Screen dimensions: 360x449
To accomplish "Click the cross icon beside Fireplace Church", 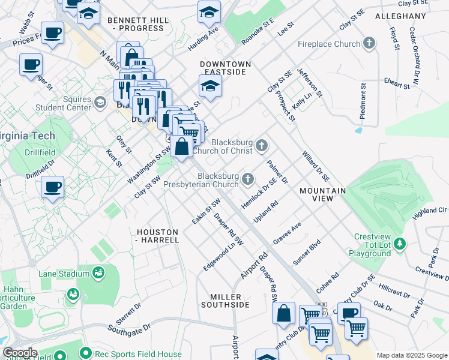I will coord(369,43).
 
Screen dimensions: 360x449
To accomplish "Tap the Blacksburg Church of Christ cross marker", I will coord(261,145).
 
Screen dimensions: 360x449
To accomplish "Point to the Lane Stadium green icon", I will coord(97,274).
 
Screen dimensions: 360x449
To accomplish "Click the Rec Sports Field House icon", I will coord(86,353).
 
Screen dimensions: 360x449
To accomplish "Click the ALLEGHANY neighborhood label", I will coord(400,16).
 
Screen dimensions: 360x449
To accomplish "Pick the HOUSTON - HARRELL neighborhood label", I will coord(158,235).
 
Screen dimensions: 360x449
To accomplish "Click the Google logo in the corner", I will coord(20,353).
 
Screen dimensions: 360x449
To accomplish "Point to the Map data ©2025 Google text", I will coord(411,355).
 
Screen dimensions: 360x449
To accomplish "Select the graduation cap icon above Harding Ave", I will coord(209,11).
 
